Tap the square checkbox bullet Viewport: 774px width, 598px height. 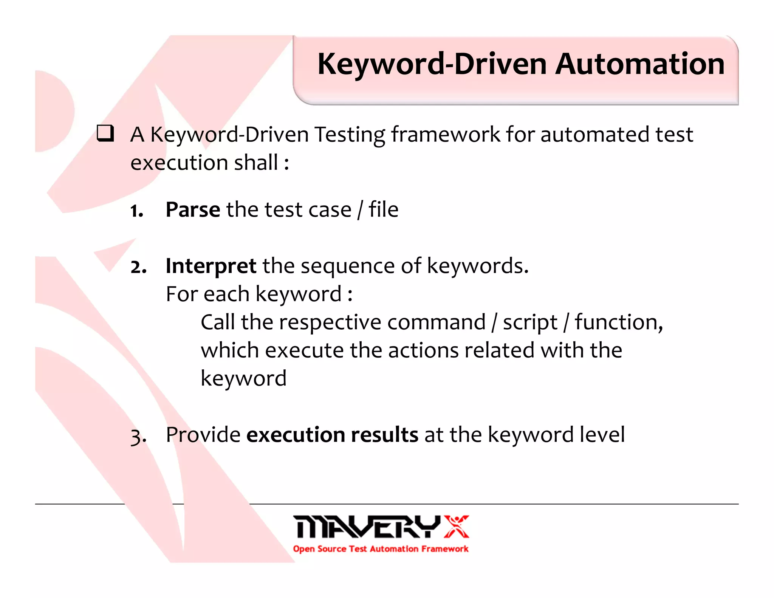click(x=105, y=133)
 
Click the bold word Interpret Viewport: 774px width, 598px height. click(x=211, y=266)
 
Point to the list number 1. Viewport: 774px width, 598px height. click(x=136, y=211)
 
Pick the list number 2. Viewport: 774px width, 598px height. click(x=138, y=267)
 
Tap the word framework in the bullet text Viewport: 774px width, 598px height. click(x=446, y=135)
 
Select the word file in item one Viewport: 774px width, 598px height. click(x=383, y=209)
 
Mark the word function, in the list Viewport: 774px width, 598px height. click(x=619, y=322)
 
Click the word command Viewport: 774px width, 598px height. click(x=436, y=322)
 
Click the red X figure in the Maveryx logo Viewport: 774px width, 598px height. click(x=456, y=526)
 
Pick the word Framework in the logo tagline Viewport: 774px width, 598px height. click(x=445, y=549)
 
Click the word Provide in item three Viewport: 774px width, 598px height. click(x=203, y=435)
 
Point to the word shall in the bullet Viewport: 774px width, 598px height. click(x=256, y=163)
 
